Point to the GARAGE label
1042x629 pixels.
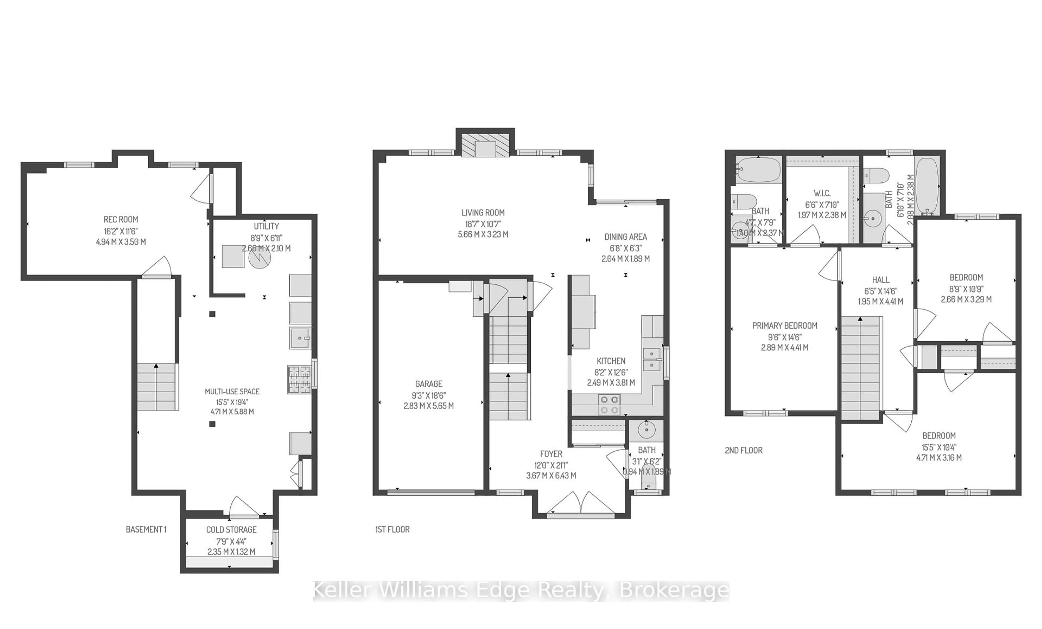(428, 384)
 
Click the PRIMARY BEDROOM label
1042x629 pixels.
(784, 326)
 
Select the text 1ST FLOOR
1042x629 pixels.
(392, 529)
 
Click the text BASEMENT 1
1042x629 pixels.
(146, 529)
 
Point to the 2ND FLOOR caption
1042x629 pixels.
(744, 450)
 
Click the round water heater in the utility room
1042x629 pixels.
(259, 258)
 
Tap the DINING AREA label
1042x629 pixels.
(625, 237)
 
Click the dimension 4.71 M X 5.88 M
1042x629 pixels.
(232, 412)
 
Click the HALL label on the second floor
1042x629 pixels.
(881, 280)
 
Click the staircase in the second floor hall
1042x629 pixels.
(860, 368)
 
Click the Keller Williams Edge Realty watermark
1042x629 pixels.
(521, 591)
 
